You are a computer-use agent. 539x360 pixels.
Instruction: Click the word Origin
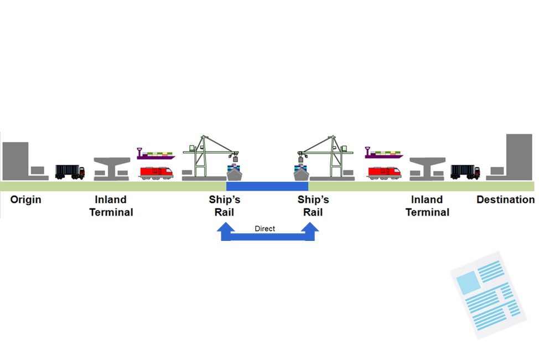pyautogui.click(x=25, y=199)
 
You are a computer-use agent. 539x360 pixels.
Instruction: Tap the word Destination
pyautogui.click(x=505, y=199)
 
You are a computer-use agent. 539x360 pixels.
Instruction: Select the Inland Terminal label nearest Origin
pyautogui.click(x=111, y=205)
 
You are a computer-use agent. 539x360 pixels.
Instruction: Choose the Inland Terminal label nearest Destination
pyautogui.click(x=427, y=205)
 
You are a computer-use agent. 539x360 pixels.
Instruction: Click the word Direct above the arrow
pyautogui.click(x=265, y=228)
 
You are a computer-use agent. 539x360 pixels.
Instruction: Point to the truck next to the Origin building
pyautogui.click(x=70, y=172)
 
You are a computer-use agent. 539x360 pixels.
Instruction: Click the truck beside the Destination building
pyautogui.click(x=465, y=172)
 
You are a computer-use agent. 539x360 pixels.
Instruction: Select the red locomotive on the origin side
pyautogui.click(x=156, y=172)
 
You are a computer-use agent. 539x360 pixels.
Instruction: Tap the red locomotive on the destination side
pyautogui.click(x=384, y=172)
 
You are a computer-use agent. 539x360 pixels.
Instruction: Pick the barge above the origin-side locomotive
pyautogui.click(x=156, y=154)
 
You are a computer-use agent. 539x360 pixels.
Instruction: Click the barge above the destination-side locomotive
pyautogui.click(x=384, y=153)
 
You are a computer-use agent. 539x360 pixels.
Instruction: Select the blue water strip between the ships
pyautogui.click(x=267, y=186)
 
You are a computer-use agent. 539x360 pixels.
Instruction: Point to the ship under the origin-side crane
pyautogui.click(x=234, y=173)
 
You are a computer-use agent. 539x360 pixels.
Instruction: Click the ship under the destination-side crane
pyautogui.click(x=300, y=173)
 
